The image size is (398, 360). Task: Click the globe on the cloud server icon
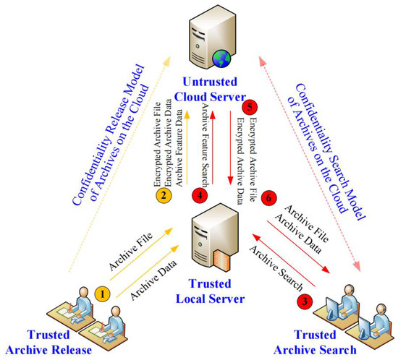point(221,54)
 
